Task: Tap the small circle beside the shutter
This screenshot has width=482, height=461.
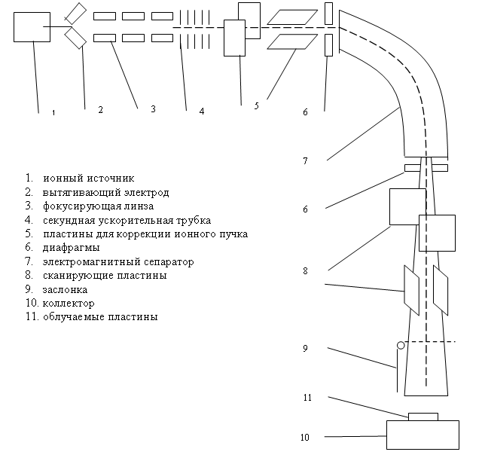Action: (x=401, y=345)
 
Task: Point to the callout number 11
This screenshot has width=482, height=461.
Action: (x=307, y=398)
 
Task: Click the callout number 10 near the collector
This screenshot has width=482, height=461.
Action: (x=304, y=438)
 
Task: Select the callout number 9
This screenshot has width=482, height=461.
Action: (x=305, y=349)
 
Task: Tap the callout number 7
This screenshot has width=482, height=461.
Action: (x=305, y=161)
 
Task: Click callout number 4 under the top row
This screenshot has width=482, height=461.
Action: (x=202, y=111)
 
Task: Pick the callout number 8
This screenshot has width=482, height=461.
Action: (x=305, y=271)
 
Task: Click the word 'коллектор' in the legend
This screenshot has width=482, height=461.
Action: (x=69, y=304)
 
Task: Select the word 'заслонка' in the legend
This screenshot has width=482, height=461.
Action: (x=66, y=290)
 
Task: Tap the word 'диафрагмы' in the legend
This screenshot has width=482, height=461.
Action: (x=72, y=248)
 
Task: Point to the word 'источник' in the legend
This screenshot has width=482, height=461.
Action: (x=111, y=179)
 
